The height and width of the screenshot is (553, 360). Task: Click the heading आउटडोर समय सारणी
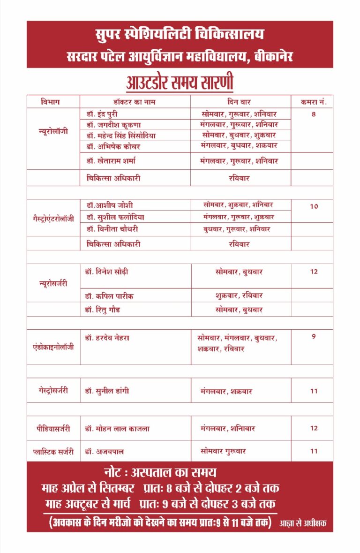[180, 83]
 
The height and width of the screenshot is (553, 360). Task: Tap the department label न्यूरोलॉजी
[53, 131]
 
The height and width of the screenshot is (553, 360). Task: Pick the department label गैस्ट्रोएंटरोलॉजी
[53, 219]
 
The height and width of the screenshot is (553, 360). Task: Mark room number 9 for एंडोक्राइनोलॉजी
[314, 336]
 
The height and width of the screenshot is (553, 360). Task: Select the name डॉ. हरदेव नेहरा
[107, 338]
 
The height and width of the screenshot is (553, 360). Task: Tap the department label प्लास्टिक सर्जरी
[53, 451]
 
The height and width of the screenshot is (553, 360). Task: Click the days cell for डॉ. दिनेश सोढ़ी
[239, 272]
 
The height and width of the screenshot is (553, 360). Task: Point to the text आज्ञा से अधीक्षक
[303, 523]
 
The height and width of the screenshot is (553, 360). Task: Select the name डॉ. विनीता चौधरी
[112, 229]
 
